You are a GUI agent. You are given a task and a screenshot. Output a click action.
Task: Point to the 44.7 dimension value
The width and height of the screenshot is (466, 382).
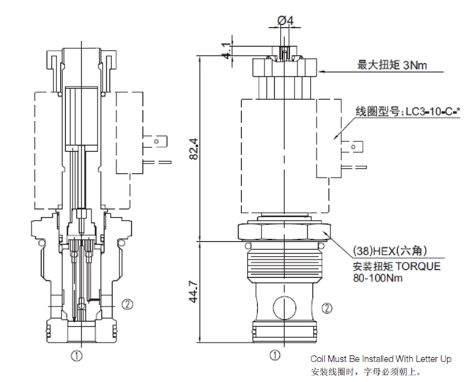(191, 290)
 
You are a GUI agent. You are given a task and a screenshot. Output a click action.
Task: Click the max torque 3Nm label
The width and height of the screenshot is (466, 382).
(392, 65)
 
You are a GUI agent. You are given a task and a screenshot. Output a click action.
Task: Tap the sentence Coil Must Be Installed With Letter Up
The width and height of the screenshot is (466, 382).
(381, 359)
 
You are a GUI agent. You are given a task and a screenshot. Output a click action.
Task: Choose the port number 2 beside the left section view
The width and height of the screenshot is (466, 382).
(126, 302)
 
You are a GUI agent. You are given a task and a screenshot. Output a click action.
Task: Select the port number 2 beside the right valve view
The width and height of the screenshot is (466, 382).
(326, 307)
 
